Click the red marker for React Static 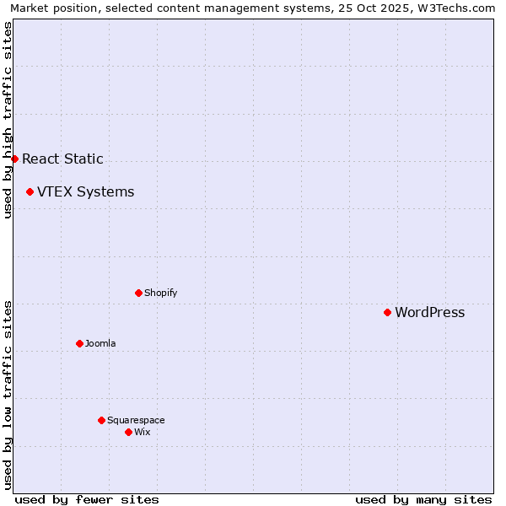coord(14,159)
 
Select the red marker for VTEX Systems coord(30,192)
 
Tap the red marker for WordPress coord(387,313)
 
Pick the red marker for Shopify coord(138,293)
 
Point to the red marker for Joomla coord(79,343)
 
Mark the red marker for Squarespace coord(101,420)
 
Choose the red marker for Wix coord(128,432)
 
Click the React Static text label coord(62,159)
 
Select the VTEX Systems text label coord(85,192)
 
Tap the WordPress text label coord(429,313)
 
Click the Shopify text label coord(160,293)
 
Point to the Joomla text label coord(100,343)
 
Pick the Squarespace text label coord(136,420)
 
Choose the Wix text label coord(142,432)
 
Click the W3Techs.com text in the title coord(455,8)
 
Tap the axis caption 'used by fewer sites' coord(87,499)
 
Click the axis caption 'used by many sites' coord(423,499)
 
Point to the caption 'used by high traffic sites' coord(8,120)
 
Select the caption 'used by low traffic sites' coord(8,395)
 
